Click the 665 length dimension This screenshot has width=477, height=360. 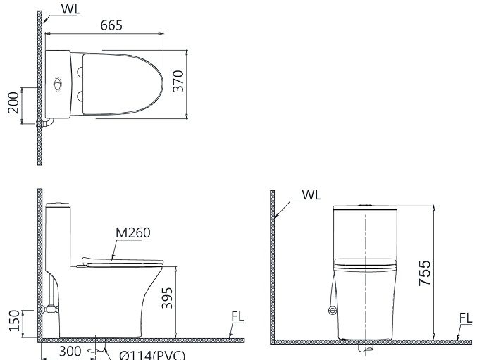(111, 25)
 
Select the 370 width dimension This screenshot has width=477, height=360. (179, 83)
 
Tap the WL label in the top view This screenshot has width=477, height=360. (70, 9)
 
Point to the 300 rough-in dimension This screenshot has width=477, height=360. (68, 351)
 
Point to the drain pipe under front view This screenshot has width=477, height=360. (364, 347)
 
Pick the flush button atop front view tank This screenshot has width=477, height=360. (364, 206)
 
